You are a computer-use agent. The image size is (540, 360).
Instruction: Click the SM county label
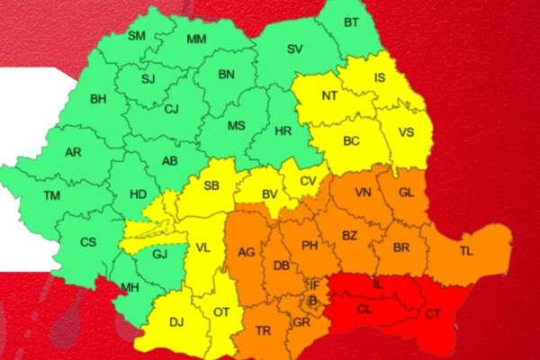(137, 35)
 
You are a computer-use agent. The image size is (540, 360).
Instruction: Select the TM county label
(54, 195)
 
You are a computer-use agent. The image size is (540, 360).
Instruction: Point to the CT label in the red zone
(433, 314)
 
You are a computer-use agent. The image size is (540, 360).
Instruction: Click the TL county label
(464, 251)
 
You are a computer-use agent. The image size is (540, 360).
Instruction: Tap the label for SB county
(212, 186)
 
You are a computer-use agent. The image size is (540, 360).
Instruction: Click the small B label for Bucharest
(312, 301)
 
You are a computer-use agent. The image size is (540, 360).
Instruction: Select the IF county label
(314, 284)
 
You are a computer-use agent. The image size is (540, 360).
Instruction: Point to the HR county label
(283, 131)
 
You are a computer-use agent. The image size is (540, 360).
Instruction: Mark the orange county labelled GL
(406, 192)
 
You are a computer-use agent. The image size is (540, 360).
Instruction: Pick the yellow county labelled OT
(222, 312)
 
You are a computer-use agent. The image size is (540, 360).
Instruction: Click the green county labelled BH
(98, 99)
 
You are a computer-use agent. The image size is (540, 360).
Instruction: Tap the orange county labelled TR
(264, 330)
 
